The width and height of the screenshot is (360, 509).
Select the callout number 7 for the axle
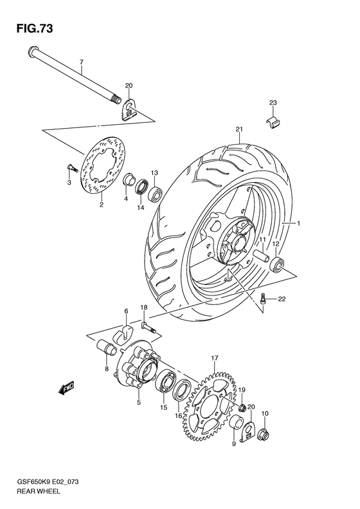pos(82,63)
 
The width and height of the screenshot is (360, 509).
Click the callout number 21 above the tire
pos(239,129)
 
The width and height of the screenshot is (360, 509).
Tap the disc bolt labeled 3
pos(71,169)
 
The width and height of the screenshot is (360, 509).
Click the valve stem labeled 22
pos(264,298)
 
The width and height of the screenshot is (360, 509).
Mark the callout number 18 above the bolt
pos(145,308)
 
